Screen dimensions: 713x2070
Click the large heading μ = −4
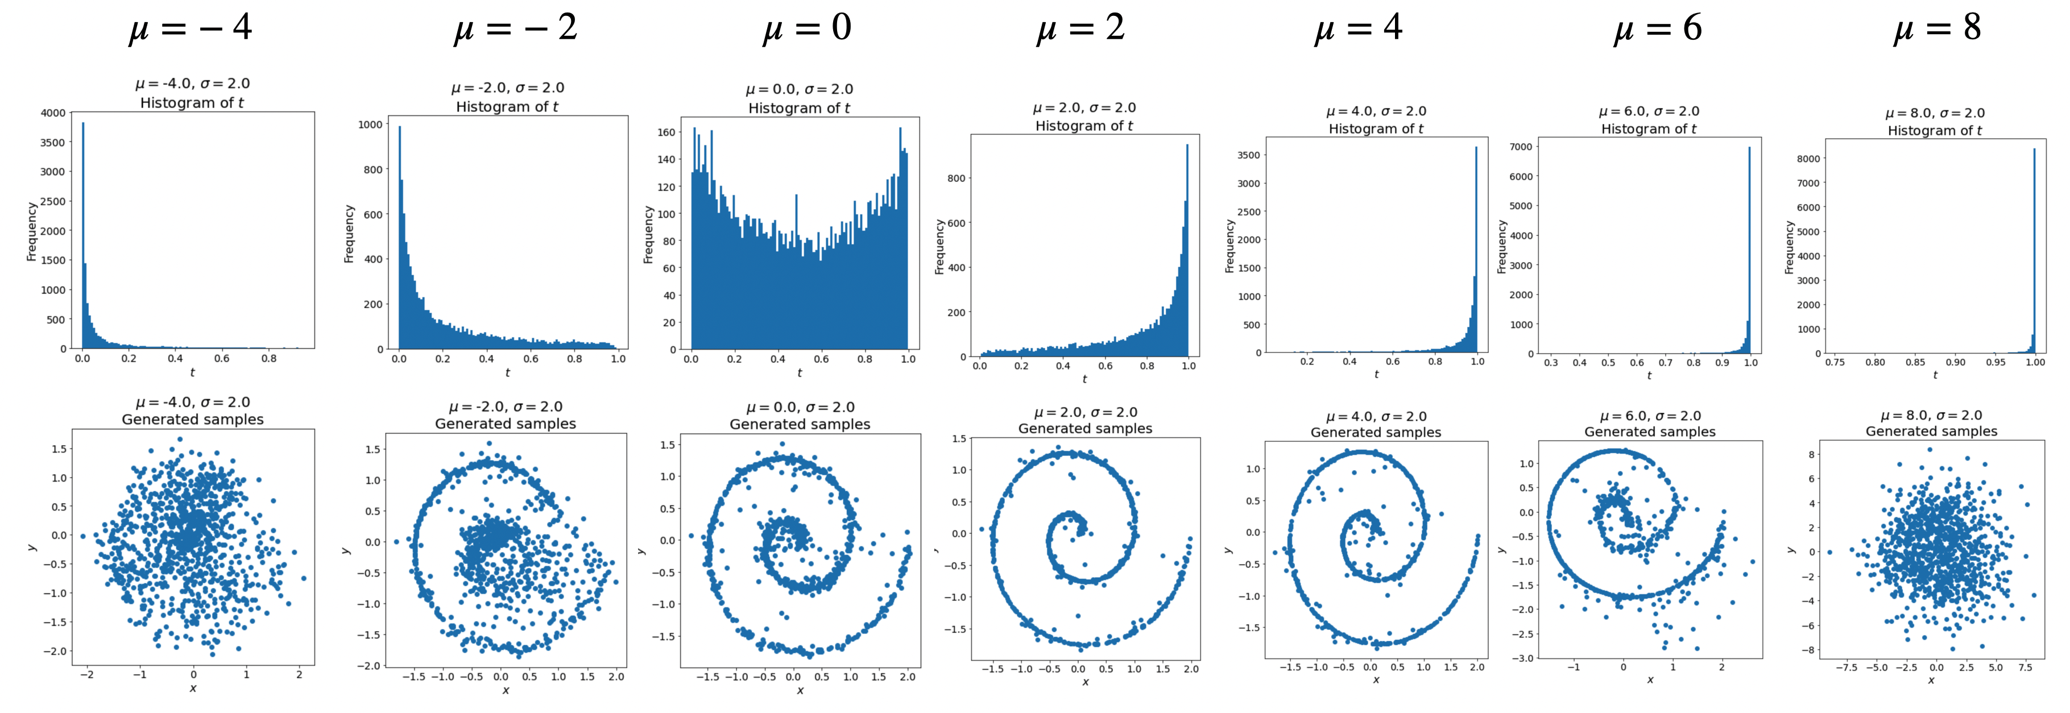pos(191,29)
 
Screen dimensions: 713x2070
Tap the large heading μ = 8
pos(1936,29)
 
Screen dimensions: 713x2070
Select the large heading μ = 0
pos(807,29)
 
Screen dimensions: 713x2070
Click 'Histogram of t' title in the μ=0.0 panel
pos(799,107)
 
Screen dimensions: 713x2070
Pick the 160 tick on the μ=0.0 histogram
pos(666,132)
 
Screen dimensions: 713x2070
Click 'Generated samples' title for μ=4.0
pos(1376,433)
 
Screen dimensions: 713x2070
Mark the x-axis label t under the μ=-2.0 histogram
pos(507,373)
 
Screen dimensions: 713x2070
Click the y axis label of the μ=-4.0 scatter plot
pos(31,548)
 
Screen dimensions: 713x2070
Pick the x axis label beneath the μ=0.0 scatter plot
pos(800,690)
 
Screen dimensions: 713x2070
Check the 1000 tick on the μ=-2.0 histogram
pos(370,125)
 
